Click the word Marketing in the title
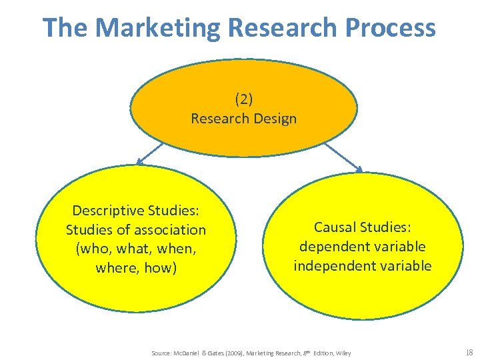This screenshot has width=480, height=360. (157, 28)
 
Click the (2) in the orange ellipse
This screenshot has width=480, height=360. (243, 99)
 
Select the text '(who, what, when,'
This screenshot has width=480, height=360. (136, 249)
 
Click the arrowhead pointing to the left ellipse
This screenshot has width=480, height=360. (139, 162)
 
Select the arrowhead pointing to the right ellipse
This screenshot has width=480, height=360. (360, 169)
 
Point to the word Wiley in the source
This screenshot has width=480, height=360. (343, 353)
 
